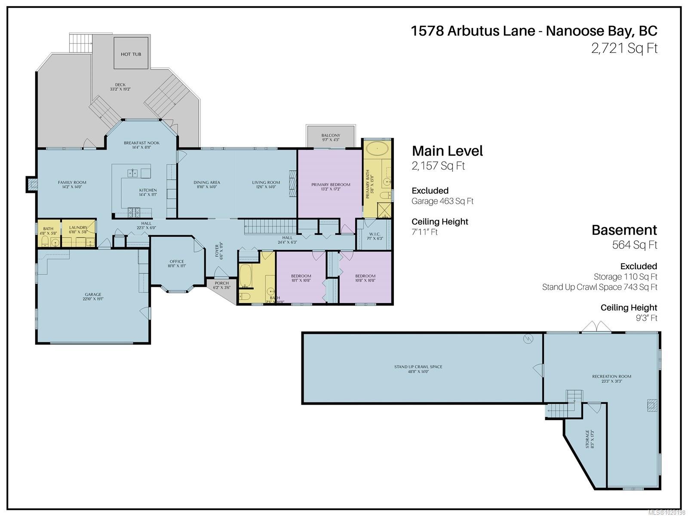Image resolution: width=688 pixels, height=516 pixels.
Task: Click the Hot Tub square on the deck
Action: click(x=131, y=53)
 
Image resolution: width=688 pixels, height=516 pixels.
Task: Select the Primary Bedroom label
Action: click(x=331, y=185)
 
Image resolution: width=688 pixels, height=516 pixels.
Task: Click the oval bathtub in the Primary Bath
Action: click(x=377, y=149)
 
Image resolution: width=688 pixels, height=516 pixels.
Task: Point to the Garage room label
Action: click(x=93, y=295)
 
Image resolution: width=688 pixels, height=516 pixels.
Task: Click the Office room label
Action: click(x=177, y=261)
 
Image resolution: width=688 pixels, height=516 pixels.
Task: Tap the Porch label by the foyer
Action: click(x=221, y=283)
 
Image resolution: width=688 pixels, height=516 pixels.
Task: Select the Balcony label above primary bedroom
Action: click(x=331, y=135)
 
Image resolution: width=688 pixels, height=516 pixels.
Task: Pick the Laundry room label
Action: click(x=78, y=227)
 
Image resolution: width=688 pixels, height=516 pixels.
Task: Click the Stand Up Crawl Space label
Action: click(x=418, y=367)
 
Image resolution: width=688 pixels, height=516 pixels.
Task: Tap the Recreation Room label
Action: click(x=611, y=376)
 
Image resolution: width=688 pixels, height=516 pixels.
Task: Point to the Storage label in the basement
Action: click(x=587, y=439)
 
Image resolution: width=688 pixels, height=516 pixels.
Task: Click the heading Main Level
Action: click(x=447, y=151)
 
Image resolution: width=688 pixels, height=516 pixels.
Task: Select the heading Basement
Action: click(x=624, y=230)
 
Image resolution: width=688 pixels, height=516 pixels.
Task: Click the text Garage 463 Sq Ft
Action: click(x=442, y=201)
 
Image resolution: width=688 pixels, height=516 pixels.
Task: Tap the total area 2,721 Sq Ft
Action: click(x=624, y=48)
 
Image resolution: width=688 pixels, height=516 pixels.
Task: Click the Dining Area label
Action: click(x=206, y=182)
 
